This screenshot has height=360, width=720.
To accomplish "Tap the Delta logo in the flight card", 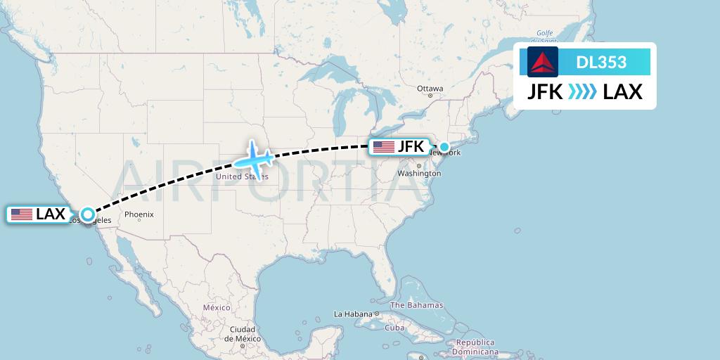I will tap(543, 62).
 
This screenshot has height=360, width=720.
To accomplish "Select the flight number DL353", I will tap(601, 62).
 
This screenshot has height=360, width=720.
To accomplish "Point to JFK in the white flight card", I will tap(546, 91).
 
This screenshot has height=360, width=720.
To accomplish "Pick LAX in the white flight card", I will tap(623, 91).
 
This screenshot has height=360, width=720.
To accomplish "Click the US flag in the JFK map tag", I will tap(384, 147).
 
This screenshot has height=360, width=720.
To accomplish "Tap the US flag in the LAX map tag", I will tap(22, 214).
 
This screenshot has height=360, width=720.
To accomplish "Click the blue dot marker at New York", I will tap(444, 147).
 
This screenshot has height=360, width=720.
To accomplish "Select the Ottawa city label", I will tap(430, 89).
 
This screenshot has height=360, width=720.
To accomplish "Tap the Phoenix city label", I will tap(139, 214).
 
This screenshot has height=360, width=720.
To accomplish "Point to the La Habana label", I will tap(353, 314).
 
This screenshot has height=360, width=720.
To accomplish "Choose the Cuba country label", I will tap(394, 328).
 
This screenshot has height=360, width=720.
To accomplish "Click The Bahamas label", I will tap(417, 305).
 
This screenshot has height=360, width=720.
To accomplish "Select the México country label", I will tap(217, 307).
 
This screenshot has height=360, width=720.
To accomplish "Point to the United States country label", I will tap(241, 176).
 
